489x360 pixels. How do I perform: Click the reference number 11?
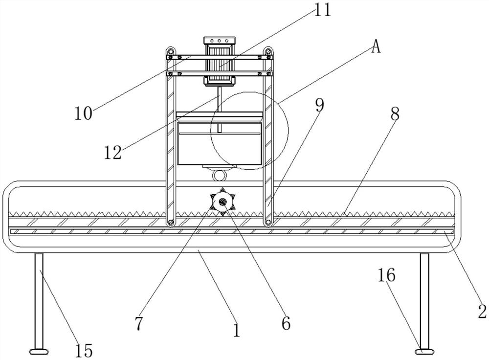(x=322, y=10)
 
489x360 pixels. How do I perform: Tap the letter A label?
(x=376, y=46)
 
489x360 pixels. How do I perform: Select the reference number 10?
(x=84, y=113)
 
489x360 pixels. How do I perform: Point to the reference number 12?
(x=113, y=152)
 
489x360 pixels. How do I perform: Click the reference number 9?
(x=319, y=105)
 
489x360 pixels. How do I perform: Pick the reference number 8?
(x=395, y=114)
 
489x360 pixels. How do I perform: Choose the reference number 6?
(x=286, y=322)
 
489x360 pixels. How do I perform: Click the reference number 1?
(x=237, y=331)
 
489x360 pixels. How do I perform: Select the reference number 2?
(x=482, y=312)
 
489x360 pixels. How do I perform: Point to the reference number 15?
(x=84, y=350)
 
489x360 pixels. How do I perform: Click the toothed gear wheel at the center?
(x=221, y=202)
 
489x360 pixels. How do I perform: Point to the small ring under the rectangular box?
(x=219, y=175)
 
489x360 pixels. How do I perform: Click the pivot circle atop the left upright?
(x=170, y=50)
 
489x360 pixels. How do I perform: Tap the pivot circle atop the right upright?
(x=268, y=50)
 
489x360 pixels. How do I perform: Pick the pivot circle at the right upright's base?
(x=268, y=223)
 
